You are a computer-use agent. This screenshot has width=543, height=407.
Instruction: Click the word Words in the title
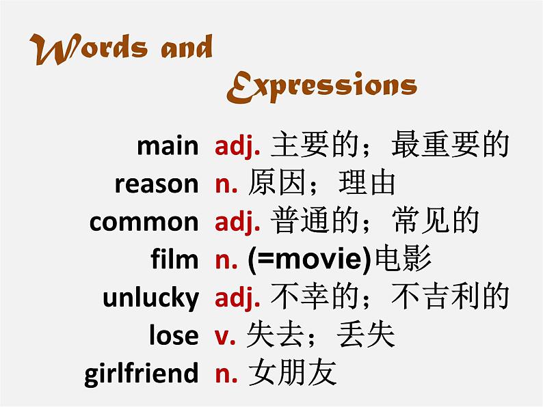click(89, 48)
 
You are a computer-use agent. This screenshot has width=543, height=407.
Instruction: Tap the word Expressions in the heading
click(321, 87)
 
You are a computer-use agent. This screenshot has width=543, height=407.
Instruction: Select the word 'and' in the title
click(187, 46)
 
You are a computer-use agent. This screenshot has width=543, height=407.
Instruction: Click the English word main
click(168, 146)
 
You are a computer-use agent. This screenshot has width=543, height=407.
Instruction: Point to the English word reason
click(157, 184)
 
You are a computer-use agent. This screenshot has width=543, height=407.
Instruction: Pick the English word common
click(144, 222)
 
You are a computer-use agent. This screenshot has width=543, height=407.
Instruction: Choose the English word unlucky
click(151, 297)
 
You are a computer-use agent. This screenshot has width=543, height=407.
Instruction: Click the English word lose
click(174, 335)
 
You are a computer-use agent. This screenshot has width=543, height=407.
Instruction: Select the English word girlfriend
click(142, 374)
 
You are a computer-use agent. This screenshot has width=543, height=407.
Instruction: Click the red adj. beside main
click(237, 146)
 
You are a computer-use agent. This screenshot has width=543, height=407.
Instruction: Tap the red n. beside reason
click(226, 185)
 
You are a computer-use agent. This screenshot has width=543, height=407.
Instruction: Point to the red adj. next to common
click(237, 223)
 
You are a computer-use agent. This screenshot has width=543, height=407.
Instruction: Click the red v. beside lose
click(225, 337)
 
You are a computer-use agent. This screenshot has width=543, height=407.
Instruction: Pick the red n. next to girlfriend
click(226, 375)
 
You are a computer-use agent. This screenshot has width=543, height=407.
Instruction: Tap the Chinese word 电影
click(403, 258)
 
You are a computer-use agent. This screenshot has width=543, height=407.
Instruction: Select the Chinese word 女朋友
click(293, 372)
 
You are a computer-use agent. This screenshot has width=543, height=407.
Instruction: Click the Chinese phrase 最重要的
click(450, 145)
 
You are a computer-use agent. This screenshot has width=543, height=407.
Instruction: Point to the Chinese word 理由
click(367, 182)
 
